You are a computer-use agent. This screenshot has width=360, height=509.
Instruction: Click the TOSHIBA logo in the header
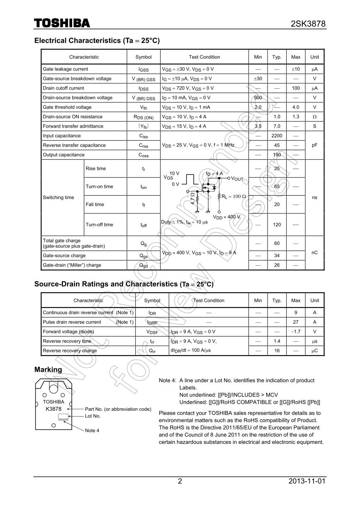pos(62,23)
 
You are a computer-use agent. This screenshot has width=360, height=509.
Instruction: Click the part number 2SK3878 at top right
pos(308,24)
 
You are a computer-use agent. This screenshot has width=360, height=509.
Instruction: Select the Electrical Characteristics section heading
pos(97,41)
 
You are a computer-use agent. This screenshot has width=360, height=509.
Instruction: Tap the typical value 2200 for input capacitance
pos(277,136)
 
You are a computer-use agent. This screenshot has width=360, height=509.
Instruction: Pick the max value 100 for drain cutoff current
pos(296,88)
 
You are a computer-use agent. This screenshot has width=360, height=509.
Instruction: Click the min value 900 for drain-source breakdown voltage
pos(258,98)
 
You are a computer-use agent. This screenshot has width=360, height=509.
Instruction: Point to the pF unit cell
pos(314,145)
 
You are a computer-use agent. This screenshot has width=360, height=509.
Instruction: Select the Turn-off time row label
pos(99,225)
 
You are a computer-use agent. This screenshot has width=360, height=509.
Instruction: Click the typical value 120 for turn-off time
pos(277,225)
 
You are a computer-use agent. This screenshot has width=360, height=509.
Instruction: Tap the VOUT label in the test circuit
pos(237,179)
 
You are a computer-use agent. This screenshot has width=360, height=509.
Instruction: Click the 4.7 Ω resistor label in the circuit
pos(192,198)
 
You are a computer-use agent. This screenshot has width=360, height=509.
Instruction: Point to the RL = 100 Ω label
pos(234,196)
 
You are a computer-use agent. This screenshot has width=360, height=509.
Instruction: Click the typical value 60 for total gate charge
pos(277,244)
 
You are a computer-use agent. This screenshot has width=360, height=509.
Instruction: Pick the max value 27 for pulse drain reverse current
pos(296,322)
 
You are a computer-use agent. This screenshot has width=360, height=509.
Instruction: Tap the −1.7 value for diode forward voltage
pos(296,332)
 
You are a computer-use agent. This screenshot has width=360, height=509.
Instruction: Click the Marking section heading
pos(48,369)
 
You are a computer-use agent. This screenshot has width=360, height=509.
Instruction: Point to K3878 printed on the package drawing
pos(54,409)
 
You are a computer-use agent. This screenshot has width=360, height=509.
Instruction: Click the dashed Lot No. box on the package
pos(63,417)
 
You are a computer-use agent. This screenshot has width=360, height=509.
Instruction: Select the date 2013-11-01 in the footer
pos(307,481)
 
